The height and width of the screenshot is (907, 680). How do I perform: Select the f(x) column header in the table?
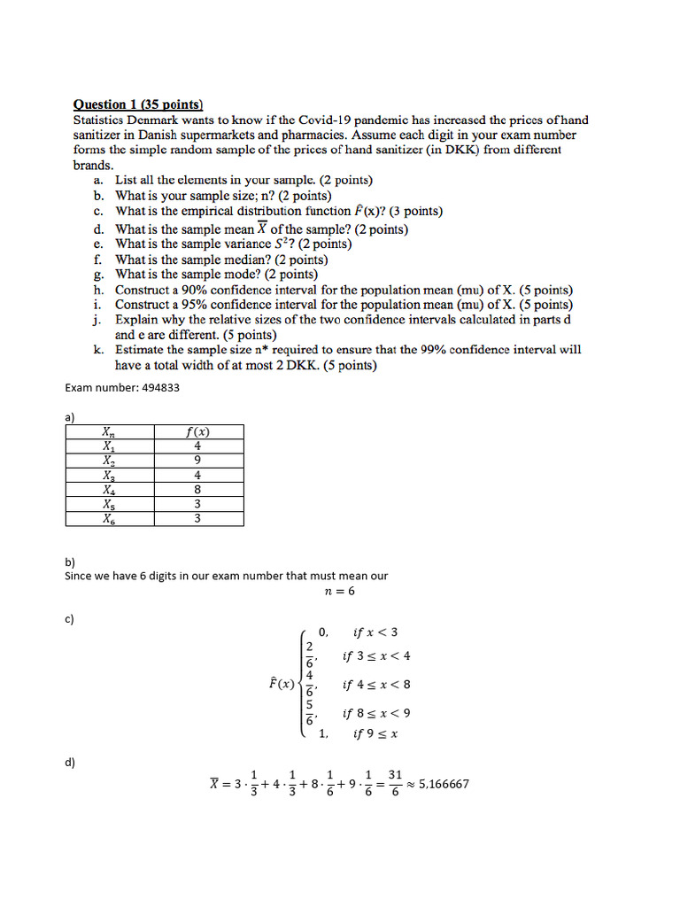pyautogui.click(x=197, y=432)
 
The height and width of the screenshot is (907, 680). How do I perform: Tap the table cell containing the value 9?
pyautogui.click(x=197, y=461)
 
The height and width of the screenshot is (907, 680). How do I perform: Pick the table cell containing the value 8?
pyautogui.click(x=197, y=489)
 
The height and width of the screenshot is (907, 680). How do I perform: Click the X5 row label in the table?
pyautogui.click(x=108, y=504)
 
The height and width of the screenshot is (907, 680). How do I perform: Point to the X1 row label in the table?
pyautogui.click(x=108, y=446)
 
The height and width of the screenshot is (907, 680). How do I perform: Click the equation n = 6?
pyautogui.click(x=340, y=591)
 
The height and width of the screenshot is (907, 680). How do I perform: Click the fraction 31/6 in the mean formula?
pyautogui.click(x=395, y=783)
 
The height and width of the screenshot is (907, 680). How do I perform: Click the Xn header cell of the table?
pyautogui.click(x=108, y=432)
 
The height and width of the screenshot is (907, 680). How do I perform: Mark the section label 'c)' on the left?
pyautogui.click(x=70, y=619)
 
